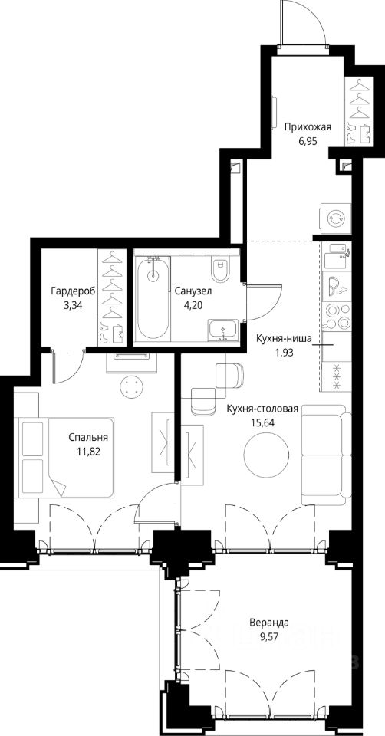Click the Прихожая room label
tap(308, 127)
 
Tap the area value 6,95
tap(308, 140)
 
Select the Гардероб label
tap(74, 291)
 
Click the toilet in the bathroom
tap(219, 268)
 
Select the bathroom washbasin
tap(223, 329)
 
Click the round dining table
tap(266, 453)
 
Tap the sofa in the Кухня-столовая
tap(326, 455)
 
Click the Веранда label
tap(269, 623)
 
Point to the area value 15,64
tap(262, 422)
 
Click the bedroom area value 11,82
tap(90, 452)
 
